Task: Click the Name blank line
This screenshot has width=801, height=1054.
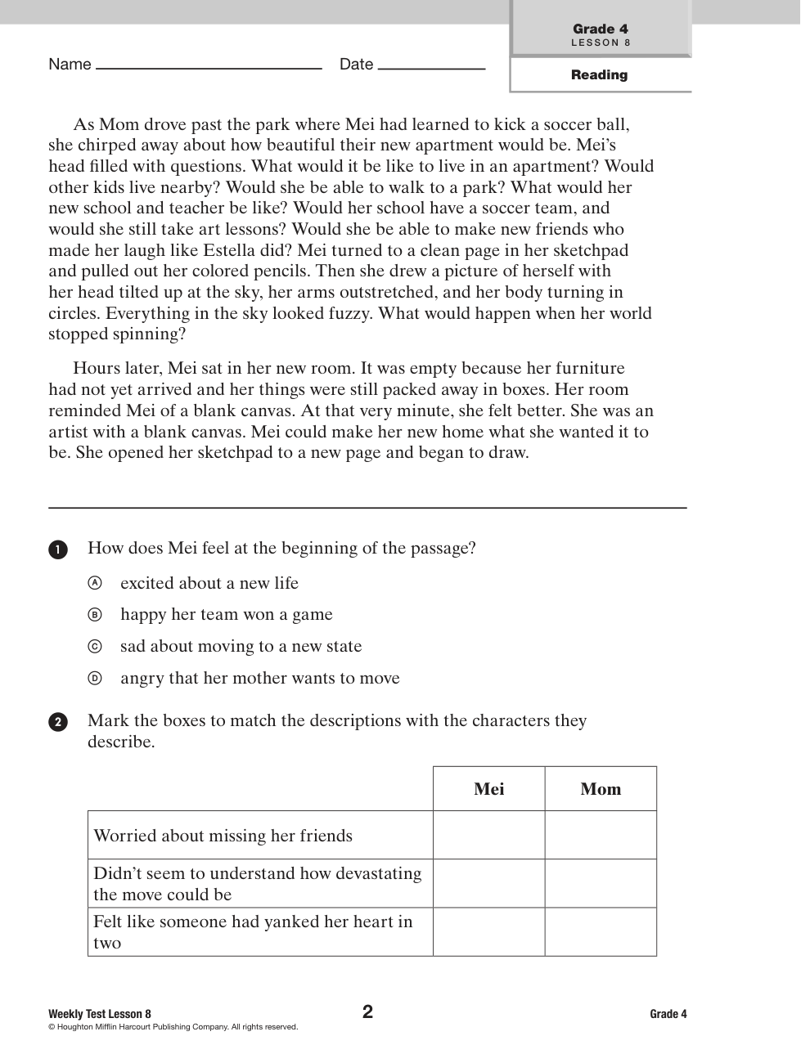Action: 209,68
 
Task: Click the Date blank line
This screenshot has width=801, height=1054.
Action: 431,68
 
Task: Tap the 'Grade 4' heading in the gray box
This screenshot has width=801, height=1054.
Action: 601,29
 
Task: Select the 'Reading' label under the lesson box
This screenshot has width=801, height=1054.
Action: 600,75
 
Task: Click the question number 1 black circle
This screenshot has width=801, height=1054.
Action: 58,549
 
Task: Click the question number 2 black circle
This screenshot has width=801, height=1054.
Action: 58,722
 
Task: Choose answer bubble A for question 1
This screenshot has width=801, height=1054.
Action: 96,583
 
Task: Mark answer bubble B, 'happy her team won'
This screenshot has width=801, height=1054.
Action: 96,615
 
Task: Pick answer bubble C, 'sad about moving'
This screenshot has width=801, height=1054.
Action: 96,647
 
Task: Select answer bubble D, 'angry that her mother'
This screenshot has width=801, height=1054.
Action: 96,678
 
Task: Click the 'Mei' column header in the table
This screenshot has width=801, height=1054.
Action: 489,789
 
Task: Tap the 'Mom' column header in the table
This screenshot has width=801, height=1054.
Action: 601,789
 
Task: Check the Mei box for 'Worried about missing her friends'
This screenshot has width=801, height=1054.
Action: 489,835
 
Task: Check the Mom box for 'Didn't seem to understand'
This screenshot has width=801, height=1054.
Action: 601,883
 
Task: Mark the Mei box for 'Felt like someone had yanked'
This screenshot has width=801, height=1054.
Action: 489,931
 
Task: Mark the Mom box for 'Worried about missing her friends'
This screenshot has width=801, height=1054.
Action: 601,835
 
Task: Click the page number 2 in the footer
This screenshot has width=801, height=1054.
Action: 368,1012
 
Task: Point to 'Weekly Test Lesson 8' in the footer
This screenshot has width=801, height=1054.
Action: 100,1014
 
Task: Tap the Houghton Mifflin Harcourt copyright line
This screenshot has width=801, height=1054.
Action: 173,1027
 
